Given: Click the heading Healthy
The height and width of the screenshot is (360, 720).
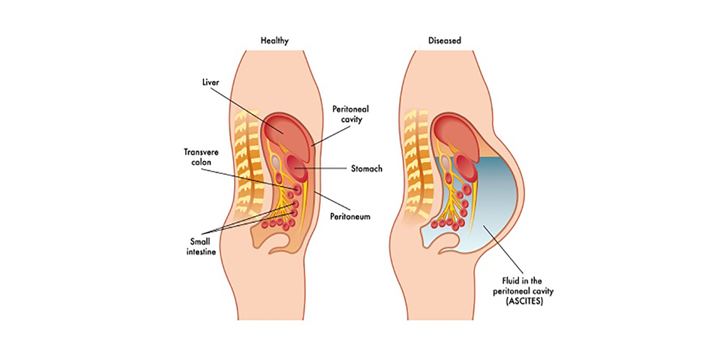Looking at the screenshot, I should click(x=274, y=40).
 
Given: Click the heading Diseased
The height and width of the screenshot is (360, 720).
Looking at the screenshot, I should click(x=445, y=40).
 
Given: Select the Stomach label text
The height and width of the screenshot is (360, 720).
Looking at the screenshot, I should click(x=365, y=169).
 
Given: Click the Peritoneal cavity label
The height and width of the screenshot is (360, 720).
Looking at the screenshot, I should click(x=350, y=114).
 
